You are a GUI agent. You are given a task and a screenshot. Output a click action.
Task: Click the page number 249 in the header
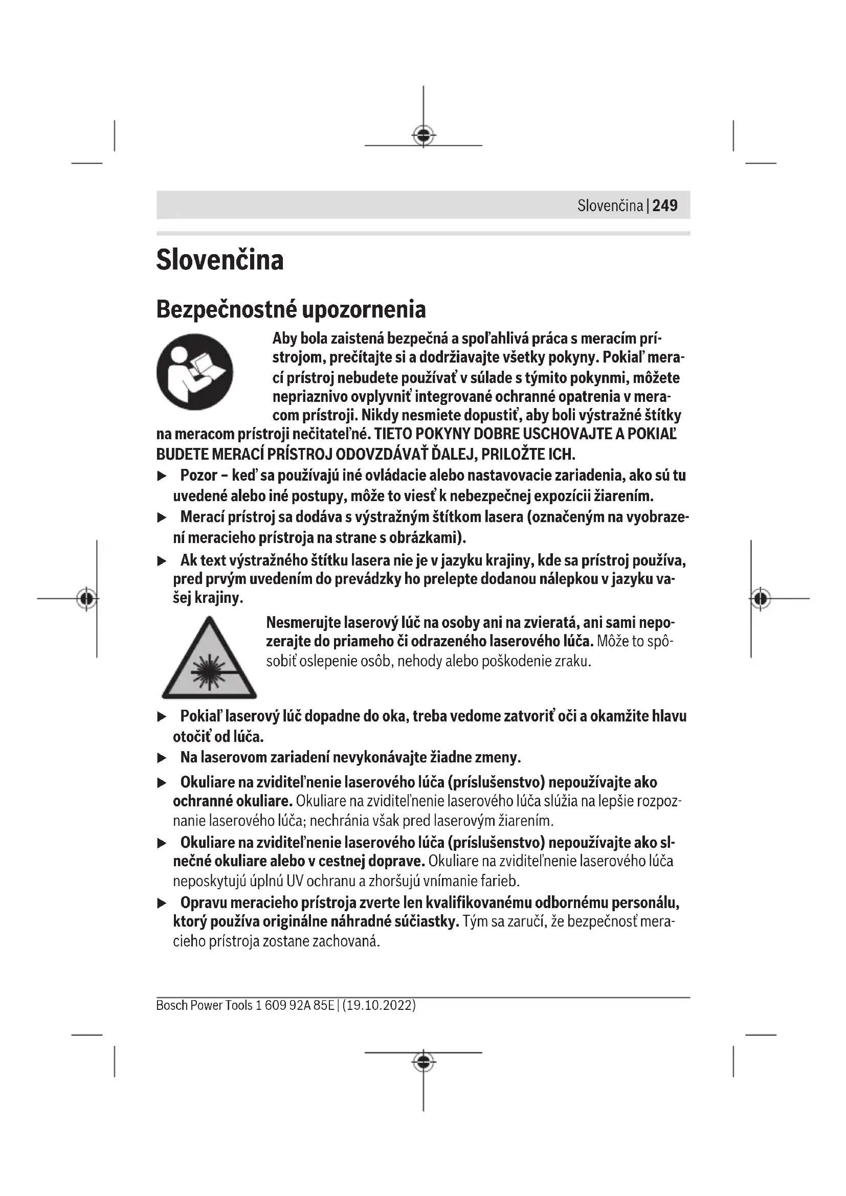tap(665, 206)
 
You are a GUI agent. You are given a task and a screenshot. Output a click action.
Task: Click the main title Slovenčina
tap(220, 260)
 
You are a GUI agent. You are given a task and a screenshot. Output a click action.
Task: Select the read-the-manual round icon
tap(195, 372)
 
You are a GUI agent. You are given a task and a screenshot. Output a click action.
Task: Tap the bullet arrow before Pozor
tap(162, 476)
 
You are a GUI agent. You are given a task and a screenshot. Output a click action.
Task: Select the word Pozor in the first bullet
tap(199, 476)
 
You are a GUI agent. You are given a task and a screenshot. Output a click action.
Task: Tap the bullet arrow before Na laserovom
tap(162, 758)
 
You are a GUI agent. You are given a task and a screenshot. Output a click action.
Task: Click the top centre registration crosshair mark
tap(424, 136)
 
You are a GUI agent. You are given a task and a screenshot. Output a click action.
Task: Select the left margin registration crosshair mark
tap(87, 599)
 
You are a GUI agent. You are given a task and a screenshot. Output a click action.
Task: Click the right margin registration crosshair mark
tap(761, 599)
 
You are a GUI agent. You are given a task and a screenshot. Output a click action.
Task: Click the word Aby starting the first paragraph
tap(284, 339)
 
